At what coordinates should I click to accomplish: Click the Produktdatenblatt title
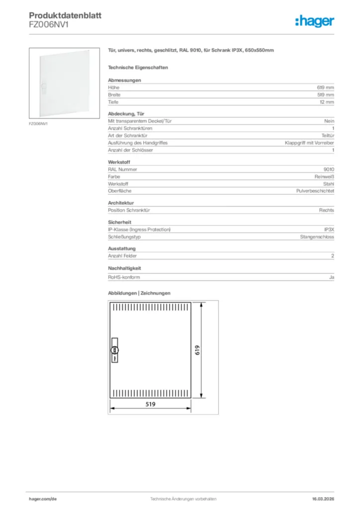point(65,15)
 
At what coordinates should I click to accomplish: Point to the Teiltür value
point(328,136)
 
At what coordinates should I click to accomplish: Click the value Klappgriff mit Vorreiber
point(309,143)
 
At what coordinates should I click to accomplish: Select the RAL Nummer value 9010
point(328,170)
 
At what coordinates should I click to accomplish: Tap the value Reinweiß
point(324,176)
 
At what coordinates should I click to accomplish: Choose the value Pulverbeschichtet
point(315,191)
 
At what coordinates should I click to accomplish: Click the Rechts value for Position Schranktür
point(326,210)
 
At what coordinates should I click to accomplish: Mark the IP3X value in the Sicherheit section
point(329,230)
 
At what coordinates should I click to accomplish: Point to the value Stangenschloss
point(317,237)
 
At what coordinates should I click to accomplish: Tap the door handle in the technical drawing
point(115,351)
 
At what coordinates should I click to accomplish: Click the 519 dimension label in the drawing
point(151,404)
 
